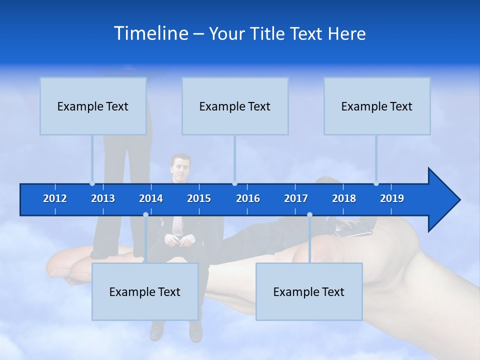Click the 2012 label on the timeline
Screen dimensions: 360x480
(55, 198)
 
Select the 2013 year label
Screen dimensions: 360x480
(103, 198)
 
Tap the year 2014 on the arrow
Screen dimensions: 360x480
(151, 198)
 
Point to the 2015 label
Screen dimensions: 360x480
(199, 198)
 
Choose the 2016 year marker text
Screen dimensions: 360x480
(248, 198)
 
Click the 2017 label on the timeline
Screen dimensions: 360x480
(296, 198)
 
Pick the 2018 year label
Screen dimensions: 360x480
(344, 198)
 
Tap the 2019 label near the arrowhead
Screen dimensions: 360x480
(392, 198)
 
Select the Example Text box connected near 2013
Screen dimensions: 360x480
(93, 106)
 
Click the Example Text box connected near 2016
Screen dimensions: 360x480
(235, 106)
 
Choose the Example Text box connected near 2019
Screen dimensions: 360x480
(377, 106)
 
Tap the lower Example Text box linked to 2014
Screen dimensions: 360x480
(145, 291)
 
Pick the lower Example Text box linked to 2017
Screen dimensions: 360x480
(309, 291)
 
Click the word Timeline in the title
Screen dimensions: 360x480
(150, 33)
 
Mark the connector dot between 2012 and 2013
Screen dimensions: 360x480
(92, 183)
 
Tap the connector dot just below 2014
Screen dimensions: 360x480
(145, 215)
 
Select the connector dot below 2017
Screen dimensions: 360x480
(309, 215)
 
